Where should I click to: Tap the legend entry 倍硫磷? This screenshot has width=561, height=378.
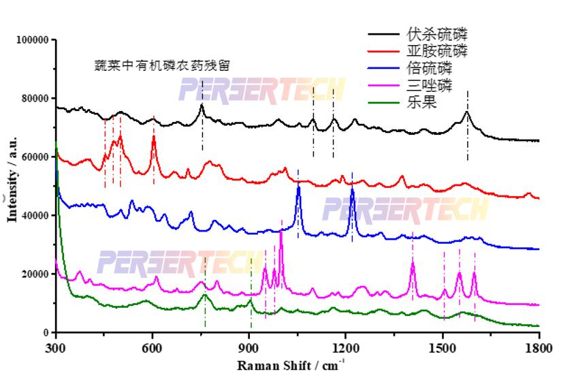(x=428, y=69)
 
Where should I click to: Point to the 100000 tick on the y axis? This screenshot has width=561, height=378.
(x=32, y=40)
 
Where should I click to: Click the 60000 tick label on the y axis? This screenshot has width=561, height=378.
(x=34, y=157)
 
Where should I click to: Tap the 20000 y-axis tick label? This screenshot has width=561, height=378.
(x=34, y=274)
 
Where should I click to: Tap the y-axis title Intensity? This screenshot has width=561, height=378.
(x=12, y=187)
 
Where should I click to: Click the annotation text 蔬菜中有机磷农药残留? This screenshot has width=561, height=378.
(x=162, y=65)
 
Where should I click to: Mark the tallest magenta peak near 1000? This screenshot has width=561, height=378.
(x=280, y=234)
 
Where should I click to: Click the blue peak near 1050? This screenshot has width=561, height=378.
(x=298, y=188)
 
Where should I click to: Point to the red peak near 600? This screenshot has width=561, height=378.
(x=153, y=138)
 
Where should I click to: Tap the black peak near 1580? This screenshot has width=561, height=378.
(x=467, y=112)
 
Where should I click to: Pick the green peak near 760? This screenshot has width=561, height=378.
(x=205, y=295)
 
